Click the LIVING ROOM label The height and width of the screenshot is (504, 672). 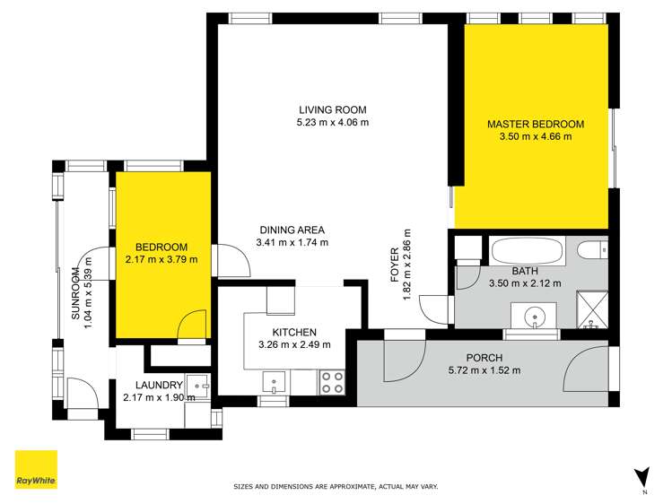pos(333,108)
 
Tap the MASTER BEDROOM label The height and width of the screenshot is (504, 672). pos(536,124)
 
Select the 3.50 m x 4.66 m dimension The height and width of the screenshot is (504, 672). pos(536,137)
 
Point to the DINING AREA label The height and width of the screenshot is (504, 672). pos(292,228)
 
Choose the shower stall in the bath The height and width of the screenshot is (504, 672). pos(591,307)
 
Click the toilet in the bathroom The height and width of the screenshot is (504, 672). pos(593,249)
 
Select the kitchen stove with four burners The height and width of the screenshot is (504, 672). pos(331,383)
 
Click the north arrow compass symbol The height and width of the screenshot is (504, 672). pos(640,475)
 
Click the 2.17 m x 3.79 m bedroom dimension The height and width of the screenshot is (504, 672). pos(161,260)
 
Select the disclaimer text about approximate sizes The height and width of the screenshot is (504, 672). pos(336,486)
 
